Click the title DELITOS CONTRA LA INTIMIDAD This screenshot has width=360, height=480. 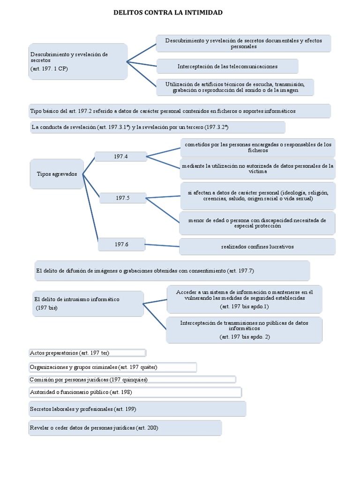point(168,13)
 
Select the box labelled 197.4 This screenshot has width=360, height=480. point(120,157)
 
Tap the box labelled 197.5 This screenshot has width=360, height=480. point(122,198)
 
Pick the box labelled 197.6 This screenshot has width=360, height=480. point(121,244)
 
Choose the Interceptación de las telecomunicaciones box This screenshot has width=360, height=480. point(227,67)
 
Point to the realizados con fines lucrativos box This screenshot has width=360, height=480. point(257,247)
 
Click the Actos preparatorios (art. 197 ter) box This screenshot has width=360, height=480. point(88,352)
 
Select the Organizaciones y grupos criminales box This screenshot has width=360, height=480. point(112,367)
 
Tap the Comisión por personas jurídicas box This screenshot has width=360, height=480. point(132,380)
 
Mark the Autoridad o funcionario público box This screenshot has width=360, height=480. point(135,392)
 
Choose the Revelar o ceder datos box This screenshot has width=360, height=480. point(125,428)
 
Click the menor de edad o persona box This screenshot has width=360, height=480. point(257,223)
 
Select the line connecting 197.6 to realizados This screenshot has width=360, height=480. point(162,245)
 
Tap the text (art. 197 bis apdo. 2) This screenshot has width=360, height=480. point(244,337)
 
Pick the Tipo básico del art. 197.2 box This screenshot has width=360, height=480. point(180,111)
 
